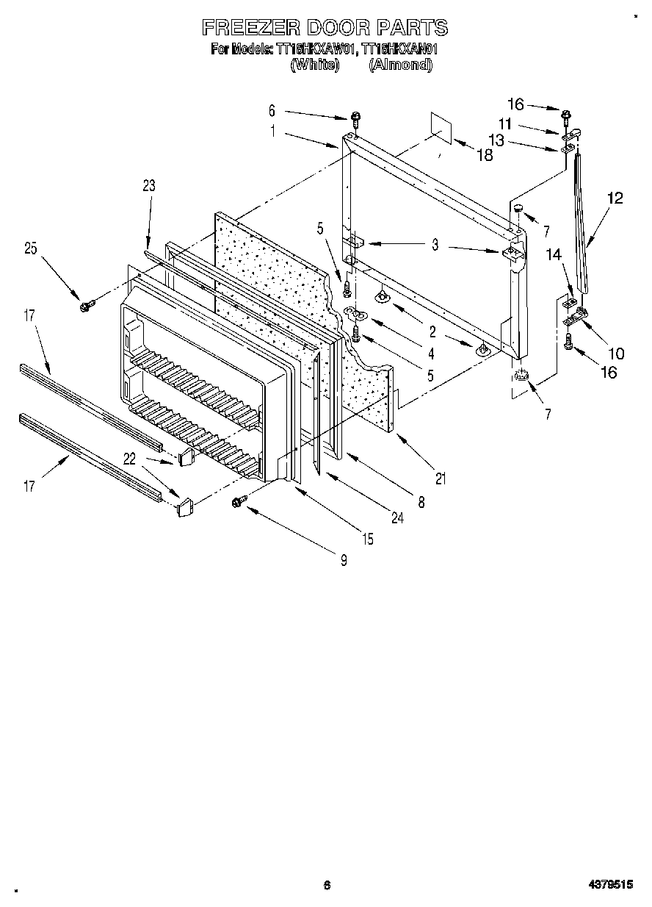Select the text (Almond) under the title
click(400, 65)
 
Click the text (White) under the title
click(314, 65)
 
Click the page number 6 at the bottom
click(327, 886)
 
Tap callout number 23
click(149, 187)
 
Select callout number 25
click(30, 248)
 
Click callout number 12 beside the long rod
click(615, 197)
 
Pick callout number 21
click(441, 479)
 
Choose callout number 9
click(343, 560)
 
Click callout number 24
click(397, 517)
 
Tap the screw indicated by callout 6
click(356, 117)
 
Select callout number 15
click(367, 539)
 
